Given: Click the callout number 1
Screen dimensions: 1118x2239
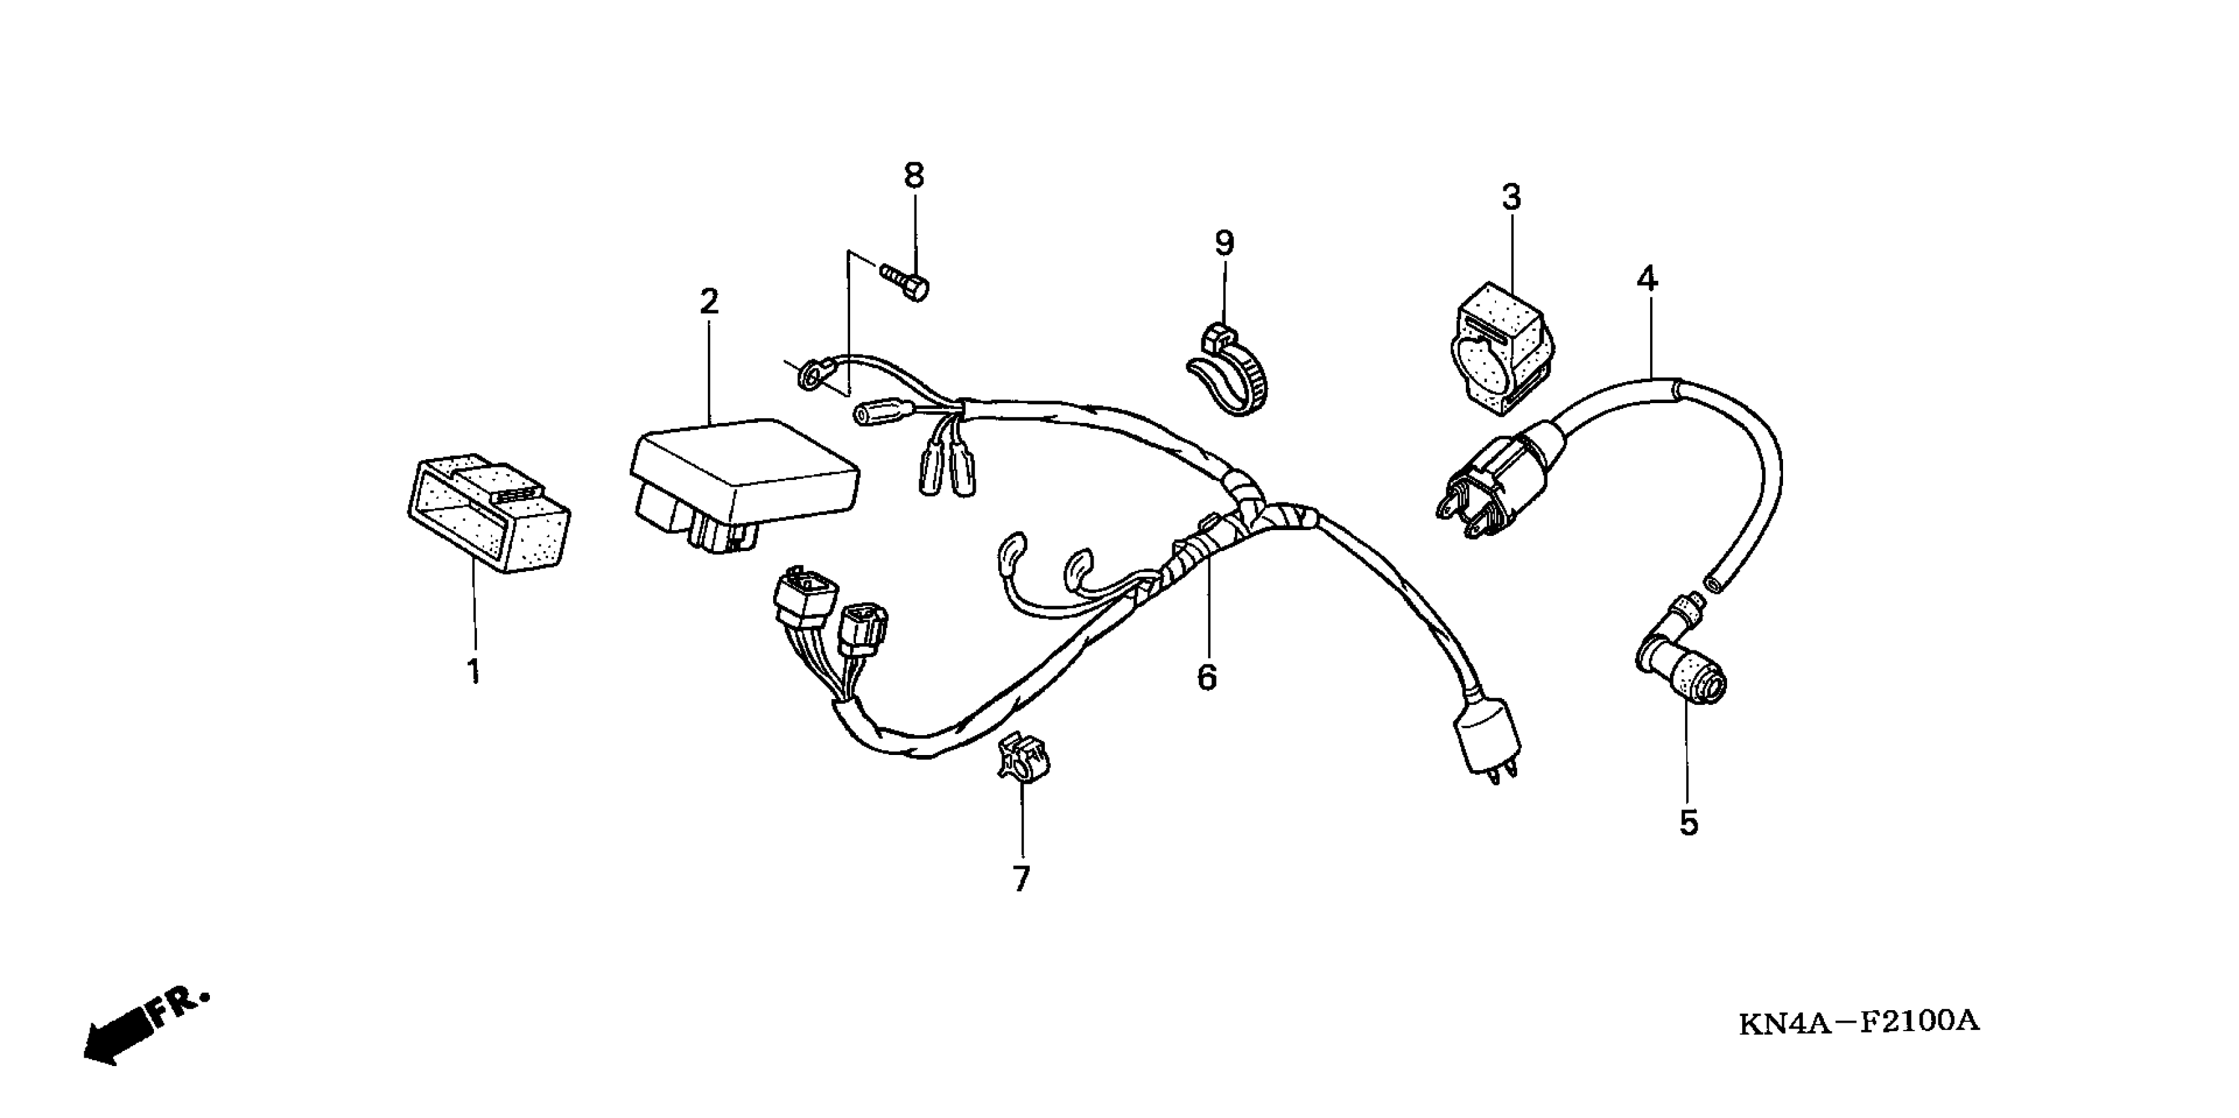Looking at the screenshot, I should click(x=474, y=671).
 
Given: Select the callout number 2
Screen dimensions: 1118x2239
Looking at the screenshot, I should click(x=709, y=303).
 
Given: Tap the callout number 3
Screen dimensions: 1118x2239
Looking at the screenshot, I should click(x=1511, y=198).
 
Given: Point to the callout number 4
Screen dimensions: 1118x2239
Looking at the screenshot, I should click(x=1647, y=279).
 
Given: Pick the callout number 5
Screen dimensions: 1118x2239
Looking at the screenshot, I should click(x=1688, y=823).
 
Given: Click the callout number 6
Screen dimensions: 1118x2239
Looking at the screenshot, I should click(x=1207, y=677).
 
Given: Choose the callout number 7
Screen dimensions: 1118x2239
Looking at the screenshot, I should click(x=1021, y=879).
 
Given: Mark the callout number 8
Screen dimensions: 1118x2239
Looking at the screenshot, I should click(x=913, y=176).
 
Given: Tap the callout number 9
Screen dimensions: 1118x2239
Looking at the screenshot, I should click(x=1224, y=243).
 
